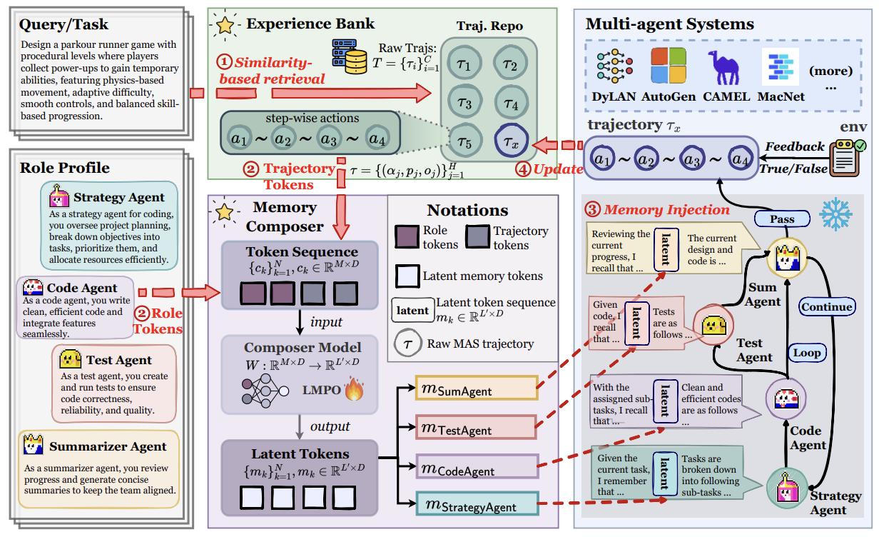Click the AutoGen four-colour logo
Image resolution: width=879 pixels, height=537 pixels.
coord(668,66)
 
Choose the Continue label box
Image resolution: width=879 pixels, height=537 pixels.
coord(826,307)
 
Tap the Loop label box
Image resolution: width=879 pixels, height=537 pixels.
coord(806,353)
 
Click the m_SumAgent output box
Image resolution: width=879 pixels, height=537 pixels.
coord(475,388)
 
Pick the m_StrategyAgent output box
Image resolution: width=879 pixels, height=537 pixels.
coord(477,504)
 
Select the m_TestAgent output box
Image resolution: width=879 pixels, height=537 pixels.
coord(475,428)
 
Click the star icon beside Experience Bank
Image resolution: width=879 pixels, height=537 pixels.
coord(225,24)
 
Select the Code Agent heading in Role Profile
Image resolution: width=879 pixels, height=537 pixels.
coord(81,288)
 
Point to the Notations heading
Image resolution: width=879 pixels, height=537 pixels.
coord(467,210)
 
